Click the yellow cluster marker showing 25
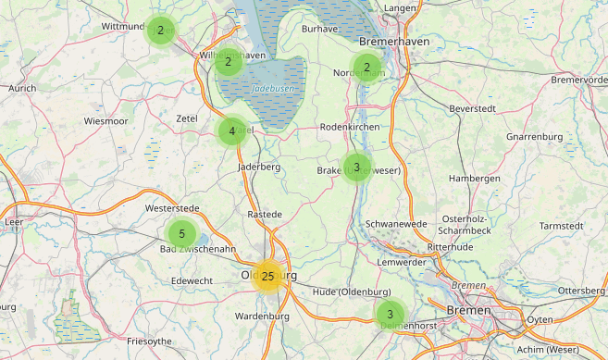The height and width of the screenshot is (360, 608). click(x=267, y=276)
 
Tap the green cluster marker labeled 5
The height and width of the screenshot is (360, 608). click(x=182, y=233)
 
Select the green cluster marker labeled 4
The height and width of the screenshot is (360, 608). click(x=232, y=131)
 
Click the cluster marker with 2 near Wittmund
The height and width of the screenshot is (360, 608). click(x=161, y=30)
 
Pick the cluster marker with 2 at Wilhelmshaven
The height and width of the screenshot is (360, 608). click(x=228, y=62)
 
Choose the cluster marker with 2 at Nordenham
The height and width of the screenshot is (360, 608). click(x=367, y=67)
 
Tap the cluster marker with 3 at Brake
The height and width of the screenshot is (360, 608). click(x=356, y=167)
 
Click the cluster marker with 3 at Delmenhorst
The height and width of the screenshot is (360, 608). click(x=390, y=314)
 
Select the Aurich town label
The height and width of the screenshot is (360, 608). click(x=21, y=88)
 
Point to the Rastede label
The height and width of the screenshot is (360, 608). click(x=265, y=214)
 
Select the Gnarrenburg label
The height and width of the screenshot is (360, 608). click(x=535, y=137)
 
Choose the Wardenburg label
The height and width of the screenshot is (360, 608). click(x=263, y=316)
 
